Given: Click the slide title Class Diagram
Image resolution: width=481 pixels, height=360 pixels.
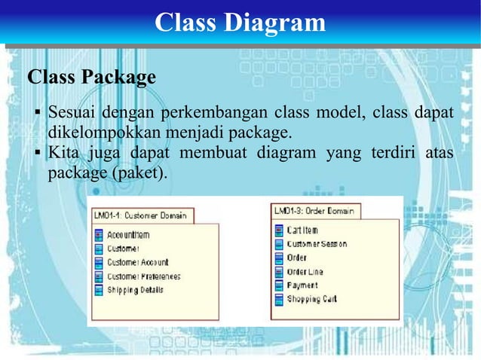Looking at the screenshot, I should pos(240,23).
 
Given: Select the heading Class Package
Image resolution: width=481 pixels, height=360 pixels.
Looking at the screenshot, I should pos(91,77).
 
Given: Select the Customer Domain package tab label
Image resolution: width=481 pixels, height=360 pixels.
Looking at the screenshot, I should pos(141,215).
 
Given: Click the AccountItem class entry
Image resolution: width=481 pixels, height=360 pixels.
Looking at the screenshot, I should pos(128,235).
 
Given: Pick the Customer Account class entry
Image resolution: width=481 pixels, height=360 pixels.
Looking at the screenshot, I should pos(137,262).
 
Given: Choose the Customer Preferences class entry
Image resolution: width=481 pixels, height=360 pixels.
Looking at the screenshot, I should pos(143,276).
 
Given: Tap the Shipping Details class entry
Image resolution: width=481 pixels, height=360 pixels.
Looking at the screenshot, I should pos(135,289).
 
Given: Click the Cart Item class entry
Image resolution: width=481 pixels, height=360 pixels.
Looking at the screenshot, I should pos(302,230).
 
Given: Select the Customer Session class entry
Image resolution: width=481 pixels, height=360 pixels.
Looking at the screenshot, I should pos(317,244).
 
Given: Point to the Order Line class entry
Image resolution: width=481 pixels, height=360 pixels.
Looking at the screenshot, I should pos(305,272).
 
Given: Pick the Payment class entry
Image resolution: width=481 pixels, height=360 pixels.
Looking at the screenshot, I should pos(302,285).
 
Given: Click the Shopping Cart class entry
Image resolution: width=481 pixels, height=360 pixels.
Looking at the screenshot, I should pos(311,299).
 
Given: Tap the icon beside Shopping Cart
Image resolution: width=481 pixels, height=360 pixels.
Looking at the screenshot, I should pos(279,299).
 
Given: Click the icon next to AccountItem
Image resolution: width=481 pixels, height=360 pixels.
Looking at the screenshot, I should pos(99,235).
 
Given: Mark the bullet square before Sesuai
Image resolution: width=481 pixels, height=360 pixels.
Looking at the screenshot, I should pos(37,114).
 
